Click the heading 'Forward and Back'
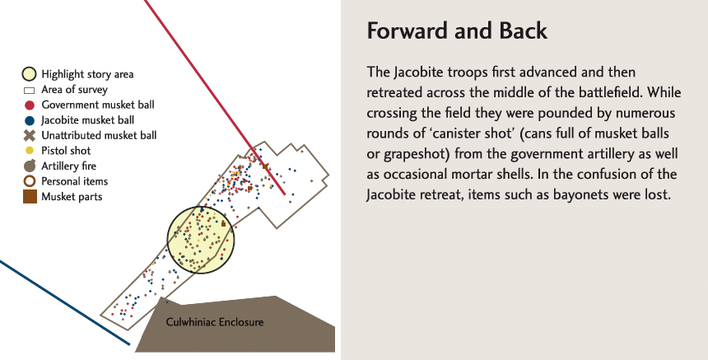click(457, 30)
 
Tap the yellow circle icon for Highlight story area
click(30, 74)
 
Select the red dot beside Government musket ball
click(30, 105)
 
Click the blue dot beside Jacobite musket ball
click(30, 120)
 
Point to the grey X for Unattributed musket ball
click(30, 135)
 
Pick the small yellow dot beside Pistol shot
click(30, 151)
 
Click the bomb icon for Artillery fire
click(30, 166)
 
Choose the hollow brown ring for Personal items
click(30, 181)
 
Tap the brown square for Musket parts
click(30, 197)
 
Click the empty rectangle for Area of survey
click(29, 91)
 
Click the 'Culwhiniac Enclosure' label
click(215, 322)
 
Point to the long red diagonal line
click(215, 97)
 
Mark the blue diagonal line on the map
click(65, 302)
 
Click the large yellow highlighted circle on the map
click(201, 240)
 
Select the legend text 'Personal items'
click(74, 181)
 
